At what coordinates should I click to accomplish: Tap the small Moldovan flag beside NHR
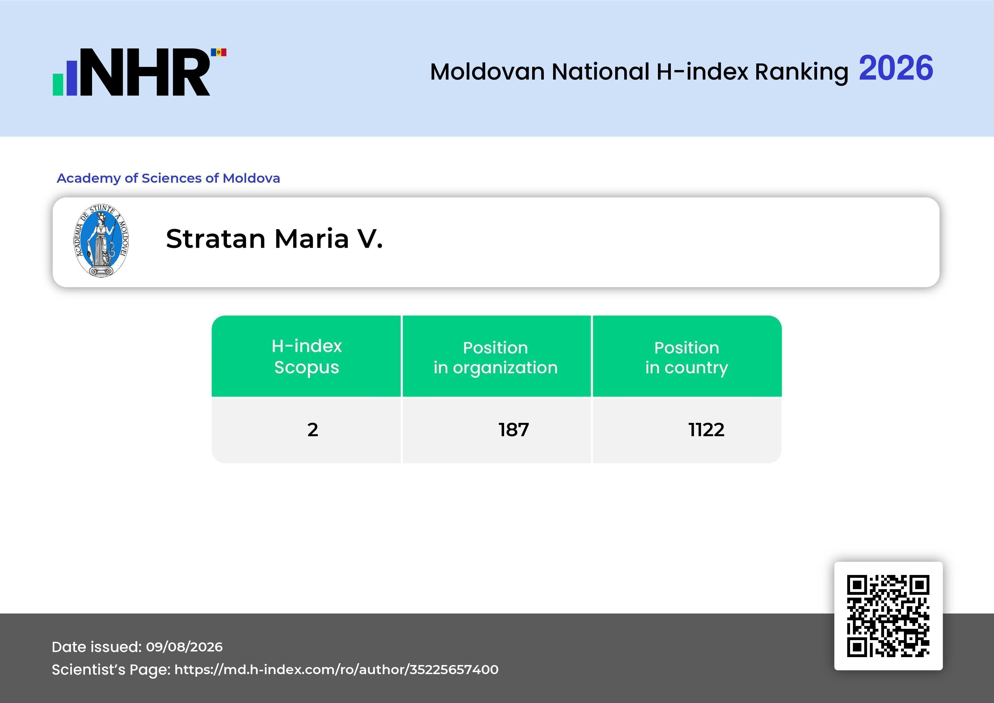point(219,52)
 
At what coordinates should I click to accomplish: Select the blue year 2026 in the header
point(896,68)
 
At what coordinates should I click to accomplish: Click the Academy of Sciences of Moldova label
point(168,178)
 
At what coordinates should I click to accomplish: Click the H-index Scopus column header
point(307,356)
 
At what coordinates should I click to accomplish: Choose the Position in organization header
point(496,357)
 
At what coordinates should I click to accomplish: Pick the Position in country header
point(687,357)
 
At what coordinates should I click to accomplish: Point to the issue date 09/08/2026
point(184,647)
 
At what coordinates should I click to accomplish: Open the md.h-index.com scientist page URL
point(336,670)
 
